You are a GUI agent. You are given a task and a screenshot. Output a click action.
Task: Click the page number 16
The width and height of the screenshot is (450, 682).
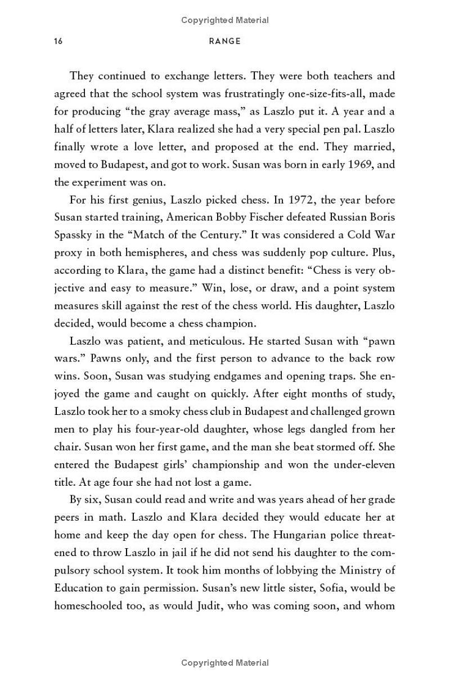(58, 41)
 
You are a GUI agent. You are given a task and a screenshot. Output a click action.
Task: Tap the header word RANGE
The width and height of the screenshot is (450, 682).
(224, 41)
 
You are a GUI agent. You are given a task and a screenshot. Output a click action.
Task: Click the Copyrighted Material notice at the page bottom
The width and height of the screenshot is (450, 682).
(224, 663)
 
